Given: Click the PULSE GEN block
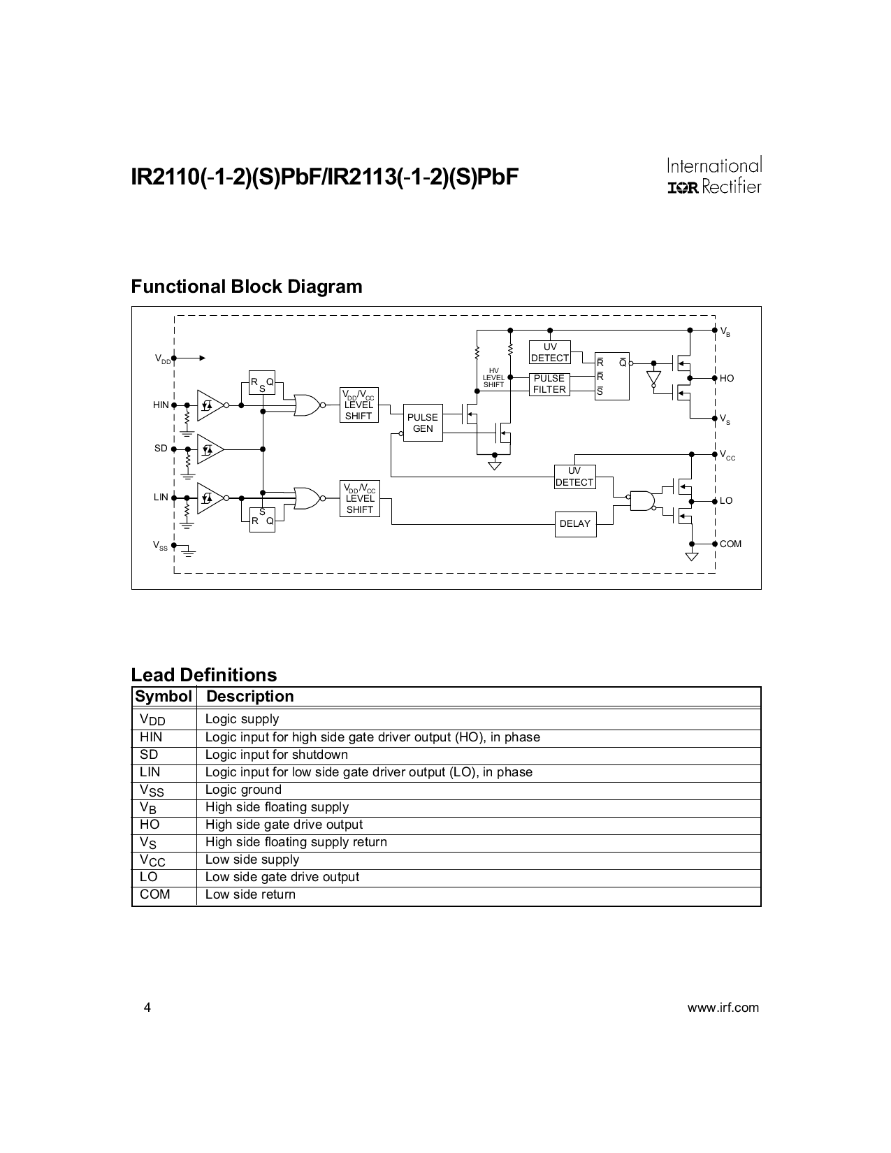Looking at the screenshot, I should tap(423, 423).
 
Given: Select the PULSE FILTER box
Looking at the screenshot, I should tap(549, 384).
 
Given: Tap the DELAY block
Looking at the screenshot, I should tap(575, 523).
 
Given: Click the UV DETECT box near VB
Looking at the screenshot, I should tap(550, 352).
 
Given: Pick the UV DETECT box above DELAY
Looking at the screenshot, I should tap(574, 477).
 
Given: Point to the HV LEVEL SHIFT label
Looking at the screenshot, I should tap(493, 378).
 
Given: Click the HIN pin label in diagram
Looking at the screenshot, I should tap(161, 405).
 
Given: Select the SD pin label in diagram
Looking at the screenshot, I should tap(161, 448).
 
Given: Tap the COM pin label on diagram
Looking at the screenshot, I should tap(730, 544).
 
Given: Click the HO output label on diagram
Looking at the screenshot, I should tap(727, 378).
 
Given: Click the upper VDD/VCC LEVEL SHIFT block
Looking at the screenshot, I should tap(359, 405).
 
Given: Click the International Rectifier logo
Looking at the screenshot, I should tap(713, 176).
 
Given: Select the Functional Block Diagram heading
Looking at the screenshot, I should tap(247, 287).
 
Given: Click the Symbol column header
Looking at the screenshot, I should tap(164, 697).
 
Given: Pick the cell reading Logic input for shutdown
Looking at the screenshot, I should tap(276, 755).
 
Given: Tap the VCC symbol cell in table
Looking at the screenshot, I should tap(152, 860).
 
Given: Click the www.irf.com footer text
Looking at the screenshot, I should tap(723, 1008).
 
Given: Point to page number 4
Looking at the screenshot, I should tap(146, 1008).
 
